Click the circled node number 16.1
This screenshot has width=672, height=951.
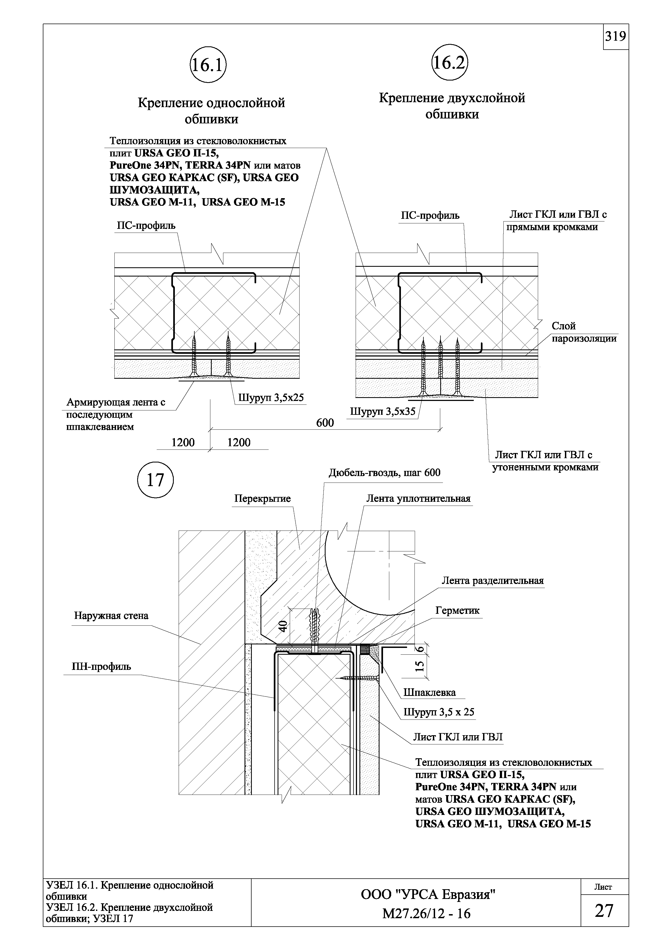pos(208,66)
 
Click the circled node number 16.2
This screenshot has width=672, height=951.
pos(449,63)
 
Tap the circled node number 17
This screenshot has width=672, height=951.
pos(155,480)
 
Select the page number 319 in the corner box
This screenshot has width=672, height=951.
pos(616,37)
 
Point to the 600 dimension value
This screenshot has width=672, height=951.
pos(325,423)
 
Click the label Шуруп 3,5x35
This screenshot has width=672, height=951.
pos(382,412)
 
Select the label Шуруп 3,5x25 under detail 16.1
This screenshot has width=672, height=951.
pos(271,398)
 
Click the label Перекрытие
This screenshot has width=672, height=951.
pos(262,499)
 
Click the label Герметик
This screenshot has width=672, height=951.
pos(458,611)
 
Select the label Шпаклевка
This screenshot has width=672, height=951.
pos(429,693)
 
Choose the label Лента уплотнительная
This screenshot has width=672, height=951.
pos(418,499)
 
